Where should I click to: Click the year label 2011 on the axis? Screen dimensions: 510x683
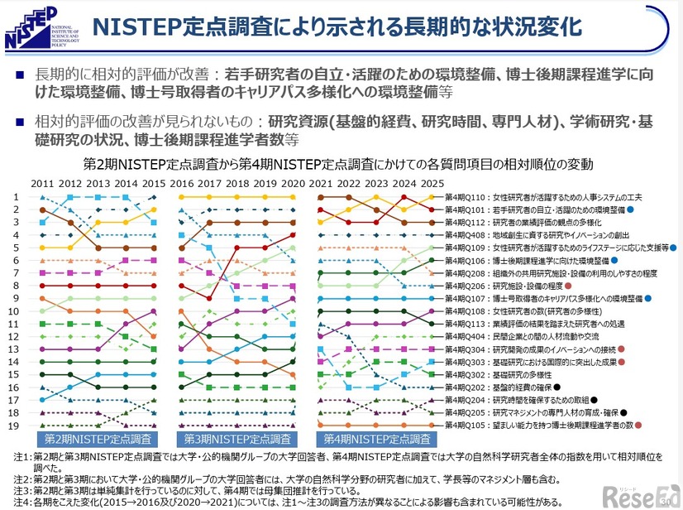pyautogui.click(x=43, y=183)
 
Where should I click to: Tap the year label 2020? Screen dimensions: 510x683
pyautogui.click(x=294, y=183)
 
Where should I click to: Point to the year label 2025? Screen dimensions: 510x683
pyautogui.click(x=432, y=183)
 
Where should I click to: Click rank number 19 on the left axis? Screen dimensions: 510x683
pyautogui.click(x=15, y=426)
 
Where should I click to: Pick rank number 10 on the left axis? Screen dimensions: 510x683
pyautogui.click(x=15, y=311)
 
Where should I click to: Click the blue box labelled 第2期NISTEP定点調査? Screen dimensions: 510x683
pyautogui.click(x=96, y=439)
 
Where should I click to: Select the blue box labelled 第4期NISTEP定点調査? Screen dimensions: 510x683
pyautogui.click(x=378, y=439)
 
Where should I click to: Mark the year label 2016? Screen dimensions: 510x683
pyautogui.click(x=182, y=183)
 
